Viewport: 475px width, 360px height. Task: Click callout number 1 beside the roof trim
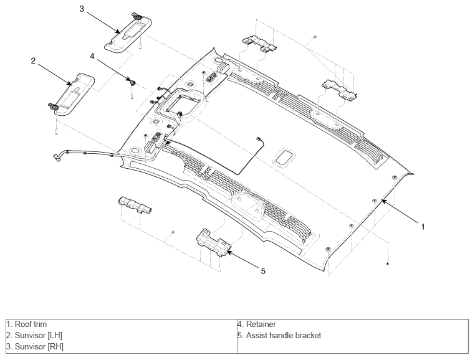coord(423,226)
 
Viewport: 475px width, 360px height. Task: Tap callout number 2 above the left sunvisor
coord(33,60)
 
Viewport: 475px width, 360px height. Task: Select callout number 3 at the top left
coord(82,9)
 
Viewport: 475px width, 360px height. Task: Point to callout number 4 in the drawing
coord(92,56)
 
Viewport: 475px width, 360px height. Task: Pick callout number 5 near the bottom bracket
coord(263,271)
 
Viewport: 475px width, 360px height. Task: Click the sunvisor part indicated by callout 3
coord(128,34)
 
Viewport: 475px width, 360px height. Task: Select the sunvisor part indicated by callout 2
coord(72,95)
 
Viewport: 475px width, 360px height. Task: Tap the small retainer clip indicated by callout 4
coord(132,82)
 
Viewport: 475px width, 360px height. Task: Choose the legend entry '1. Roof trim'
coord(27,324)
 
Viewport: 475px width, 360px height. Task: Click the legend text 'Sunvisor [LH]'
coord(39,336)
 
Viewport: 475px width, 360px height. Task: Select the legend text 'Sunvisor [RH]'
coord(39,346)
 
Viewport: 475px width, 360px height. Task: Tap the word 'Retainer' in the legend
coord(261,324)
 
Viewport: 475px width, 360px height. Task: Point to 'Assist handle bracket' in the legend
coord(284,336)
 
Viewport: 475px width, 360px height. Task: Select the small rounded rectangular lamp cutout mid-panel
coord(284,158)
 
